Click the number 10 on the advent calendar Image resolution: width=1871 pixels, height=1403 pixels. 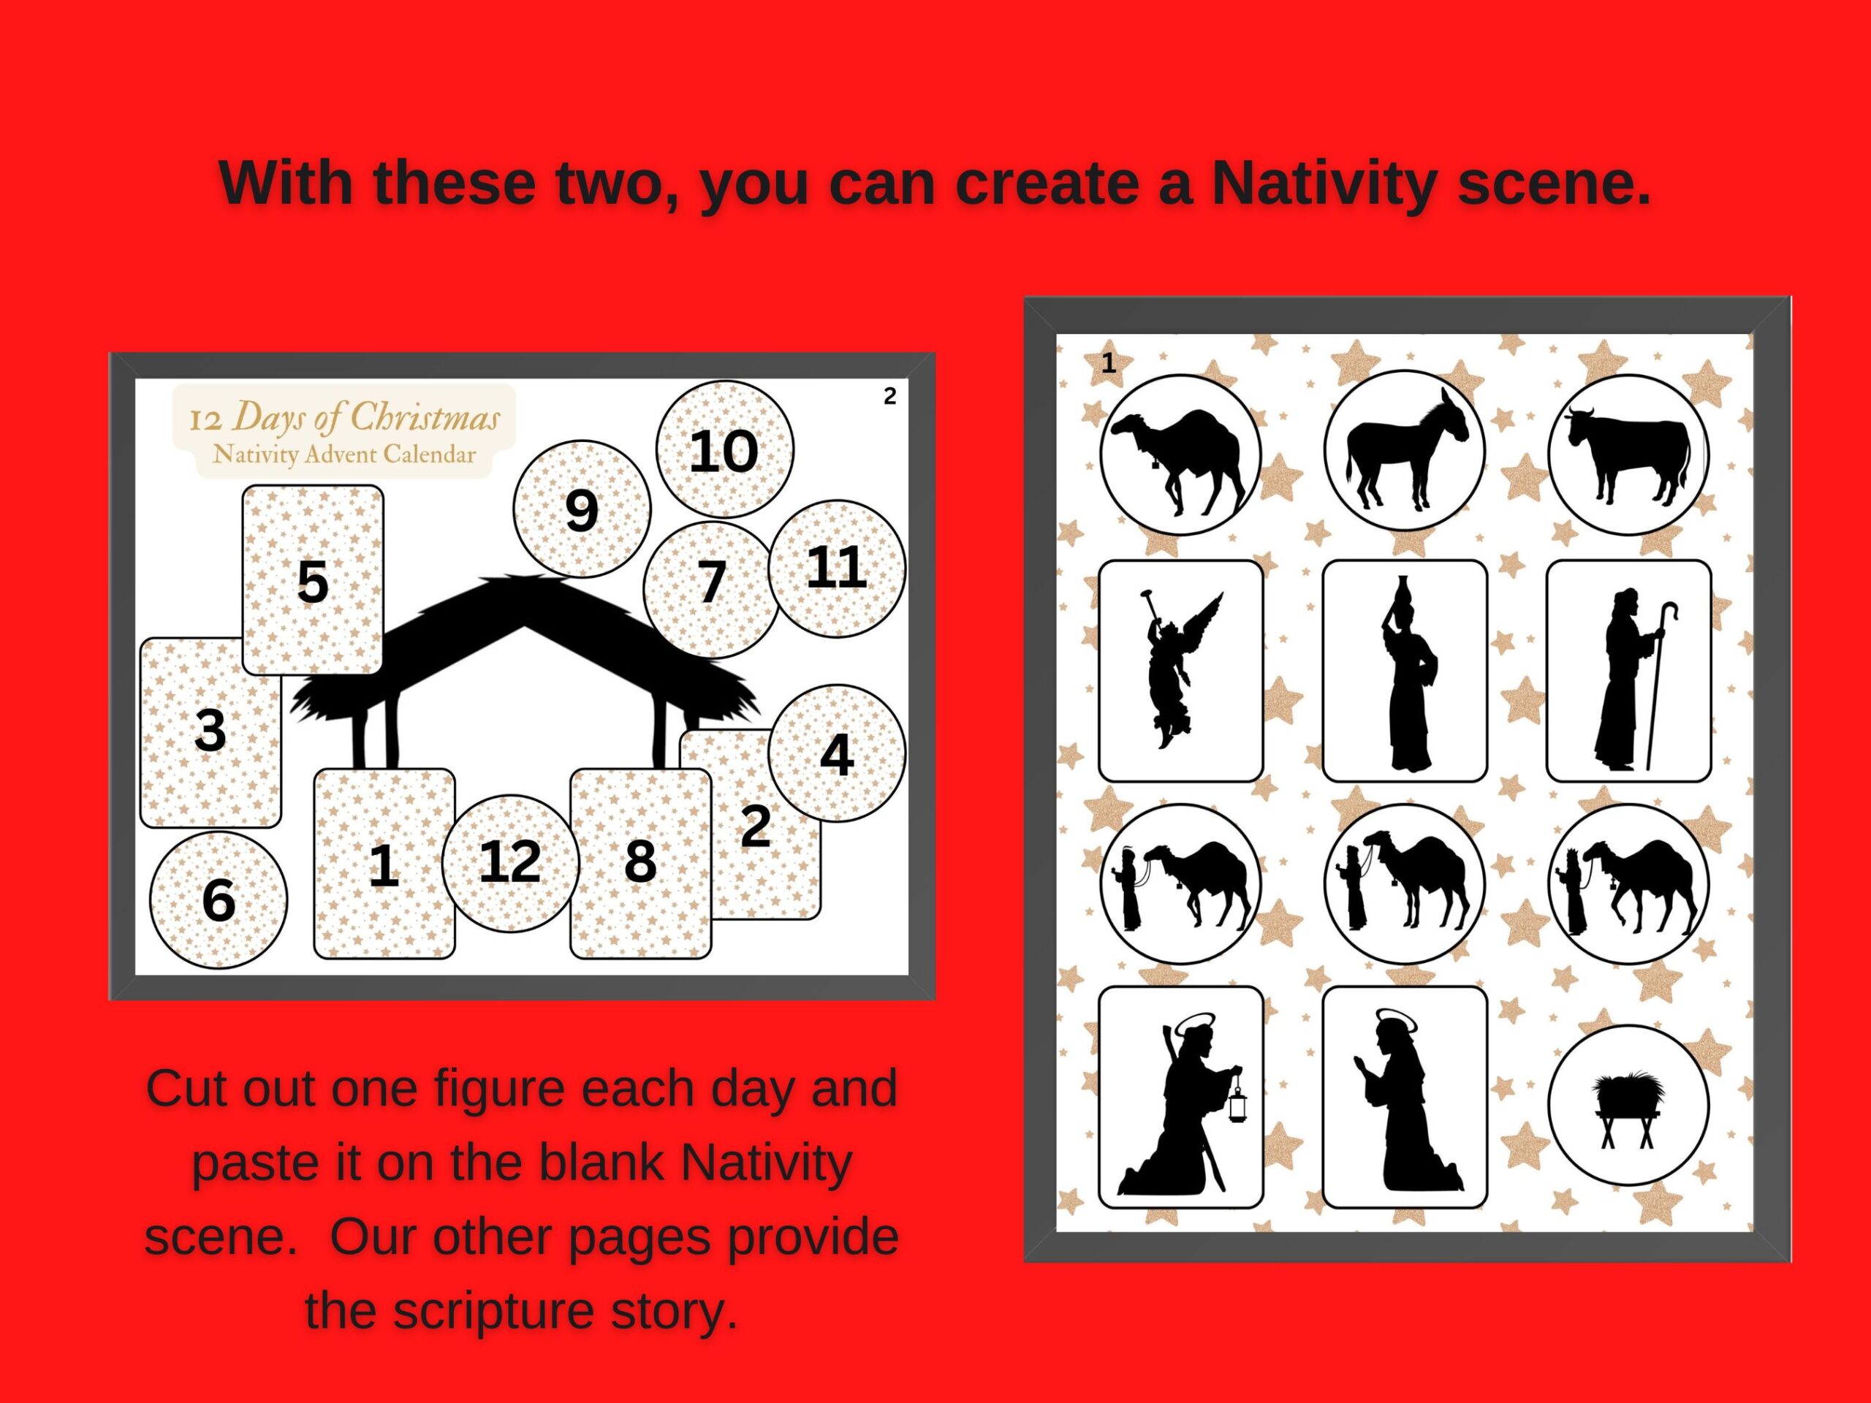[724, 451]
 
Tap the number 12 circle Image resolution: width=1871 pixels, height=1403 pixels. [510, 862]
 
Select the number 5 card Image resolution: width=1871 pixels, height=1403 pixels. [313, 580]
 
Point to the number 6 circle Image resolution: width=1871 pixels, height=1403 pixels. [219, 900]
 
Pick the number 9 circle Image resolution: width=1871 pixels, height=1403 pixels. [582, 509]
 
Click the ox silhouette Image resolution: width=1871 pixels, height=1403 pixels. [1629, 453]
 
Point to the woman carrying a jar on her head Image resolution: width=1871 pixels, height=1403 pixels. [1404, 673]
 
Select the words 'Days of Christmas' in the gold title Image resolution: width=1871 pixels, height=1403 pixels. [365, 418]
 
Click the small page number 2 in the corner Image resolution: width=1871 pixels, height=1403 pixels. [889, 396]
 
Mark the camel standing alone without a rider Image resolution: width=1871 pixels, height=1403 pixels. [1178, 457]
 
